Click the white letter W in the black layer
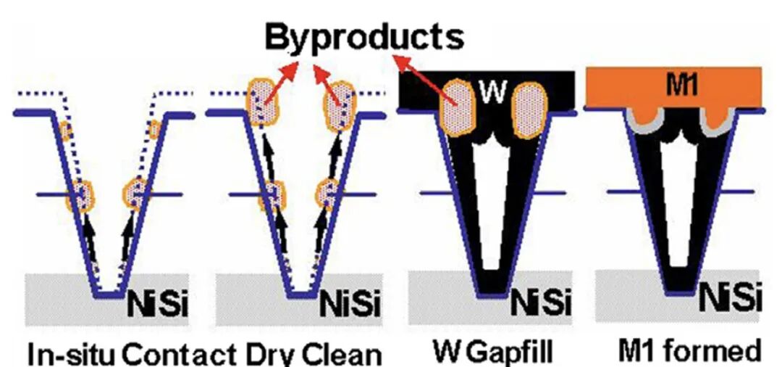[x=493, y=91]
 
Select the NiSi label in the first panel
[x=158, y=303]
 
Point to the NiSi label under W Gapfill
[x=541, y=302]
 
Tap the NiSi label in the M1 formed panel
[x=731, y=298]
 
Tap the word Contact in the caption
[x=180, y=354]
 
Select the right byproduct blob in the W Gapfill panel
[x=529, y=110]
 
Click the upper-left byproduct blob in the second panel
[x=264, y=102]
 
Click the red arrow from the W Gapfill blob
[x=426, y=81]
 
